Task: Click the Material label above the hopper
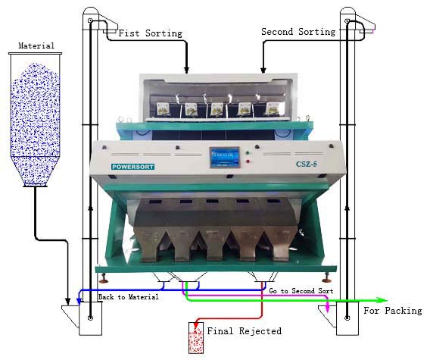36,45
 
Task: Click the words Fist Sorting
151,33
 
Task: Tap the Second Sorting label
298,32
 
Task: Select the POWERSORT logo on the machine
132,167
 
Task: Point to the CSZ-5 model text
307,164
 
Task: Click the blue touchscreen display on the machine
225,158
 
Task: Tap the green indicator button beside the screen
248,152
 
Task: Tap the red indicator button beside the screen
248,161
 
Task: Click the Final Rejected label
244,331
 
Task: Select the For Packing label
393,311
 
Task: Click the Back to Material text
129,297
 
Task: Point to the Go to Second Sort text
301,291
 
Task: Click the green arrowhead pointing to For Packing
382,300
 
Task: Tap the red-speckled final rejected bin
196,337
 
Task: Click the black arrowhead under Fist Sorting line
186,70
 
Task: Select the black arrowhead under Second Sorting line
263,69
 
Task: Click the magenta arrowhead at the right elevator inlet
327,308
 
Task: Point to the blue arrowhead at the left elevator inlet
79,301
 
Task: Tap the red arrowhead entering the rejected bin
196,324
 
